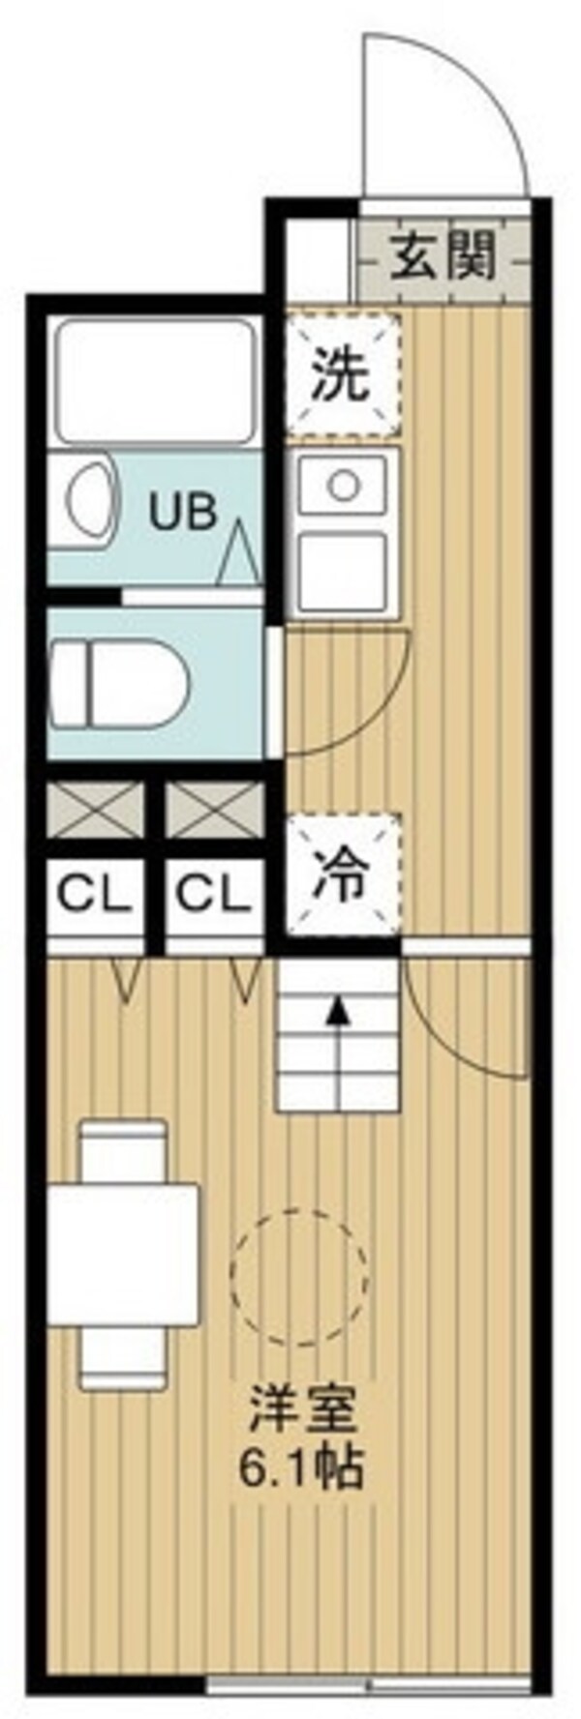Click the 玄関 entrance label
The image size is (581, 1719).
point(443,257)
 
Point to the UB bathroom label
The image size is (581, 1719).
point(181,513)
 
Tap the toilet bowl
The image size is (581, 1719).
point(121,686)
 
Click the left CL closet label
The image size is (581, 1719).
point(94,896)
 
